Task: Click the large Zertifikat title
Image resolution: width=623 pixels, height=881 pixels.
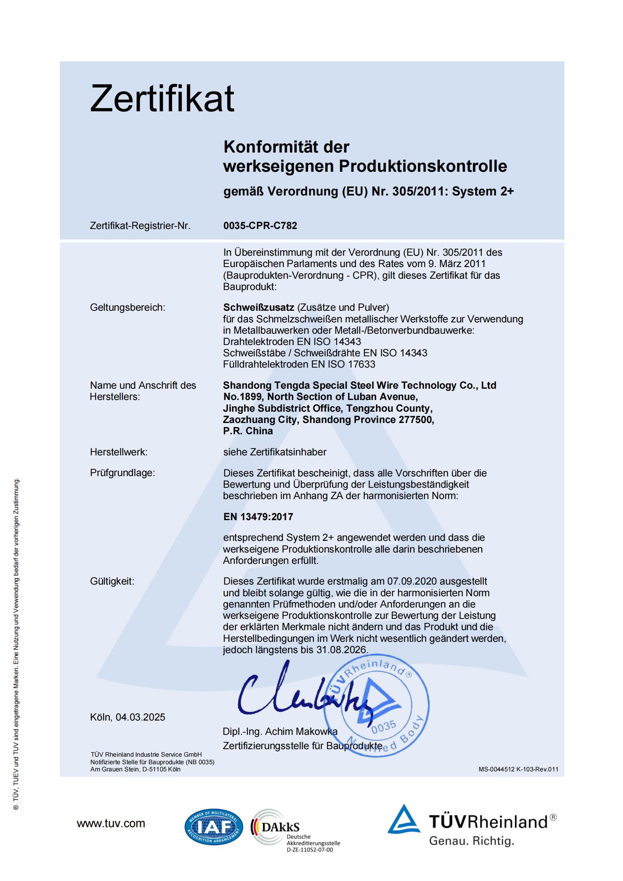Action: (162, 99)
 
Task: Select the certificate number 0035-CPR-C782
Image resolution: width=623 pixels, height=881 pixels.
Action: (260, 226)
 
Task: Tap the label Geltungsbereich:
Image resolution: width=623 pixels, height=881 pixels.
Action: (127, 307)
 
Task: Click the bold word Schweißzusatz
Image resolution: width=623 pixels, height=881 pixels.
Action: (258, 307)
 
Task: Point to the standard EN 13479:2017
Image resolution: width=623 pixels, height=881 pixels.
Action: (258, 516)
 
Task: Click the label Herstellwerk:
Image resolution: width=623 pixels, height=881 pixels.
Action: (119, 452)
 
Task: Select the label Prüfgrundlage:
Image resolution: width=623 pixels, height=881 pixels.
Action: (122, 473)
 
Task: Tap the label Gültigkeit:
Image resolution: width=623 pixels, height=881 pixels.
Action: (112, 581)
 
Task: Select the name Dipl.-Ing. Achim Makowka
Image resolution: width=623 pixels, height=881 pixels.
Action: (280, 731)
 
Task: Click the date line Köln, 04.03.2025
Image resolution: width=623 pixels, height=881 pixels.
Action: (127, 717)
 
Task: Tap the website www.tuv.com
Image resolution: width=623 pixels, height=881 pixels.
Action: (111, 823)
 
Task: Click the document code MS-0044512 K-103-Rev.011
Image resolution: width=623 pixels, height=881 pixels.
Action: (518, 769)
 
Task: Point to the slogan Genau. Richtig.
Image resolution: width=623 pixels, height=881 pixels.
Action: (472, 841)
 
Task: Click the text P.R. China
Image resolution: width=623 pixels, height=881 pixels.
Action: (248, 431)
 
